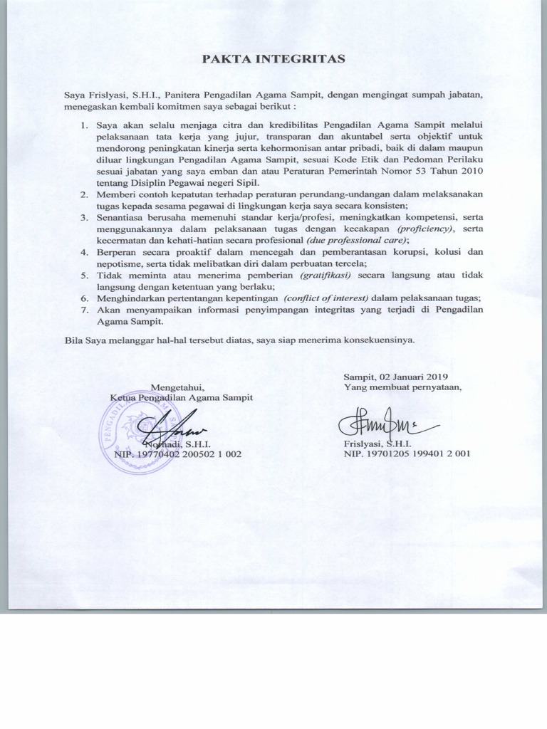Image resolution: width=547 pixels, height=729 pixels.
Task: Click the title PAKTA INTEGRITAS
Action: [x=274, y=58]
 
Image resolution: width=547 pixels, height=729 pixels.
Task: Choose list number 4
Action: [x=83, y=251]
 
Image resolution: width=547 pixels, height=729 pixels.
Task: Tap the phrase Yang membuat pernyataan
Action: [x=403, y=387]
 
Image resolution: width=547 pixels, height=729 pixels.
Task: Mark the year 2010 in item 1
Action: [x=471, y=172]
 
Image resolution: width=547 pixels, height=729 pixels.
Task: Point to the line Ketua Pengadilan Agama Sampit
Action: [x=181, y=397]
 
